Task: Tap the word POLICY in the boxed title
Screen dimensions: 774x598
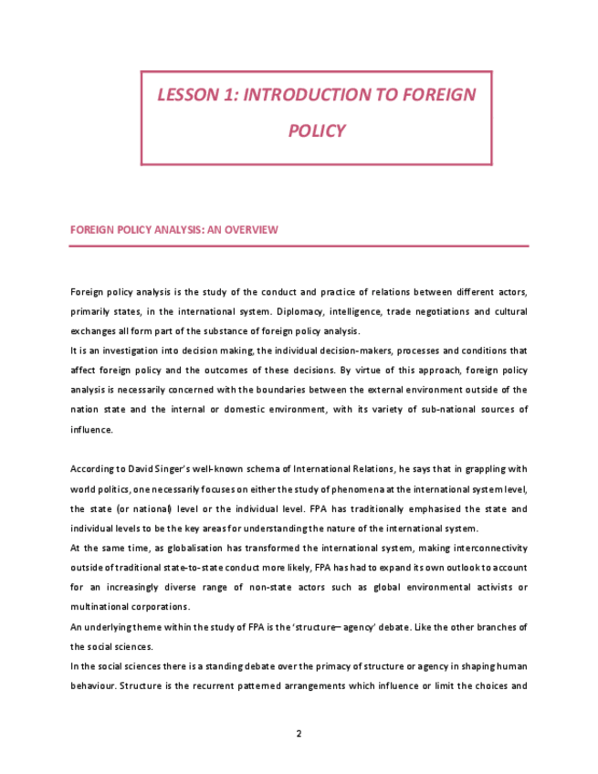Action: tap(316, 131)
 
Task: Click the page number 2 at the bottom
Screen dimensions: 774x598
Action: tap(299, 733)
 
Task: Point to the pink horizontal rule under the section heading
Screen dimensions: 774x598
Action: tap(299, 246)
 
